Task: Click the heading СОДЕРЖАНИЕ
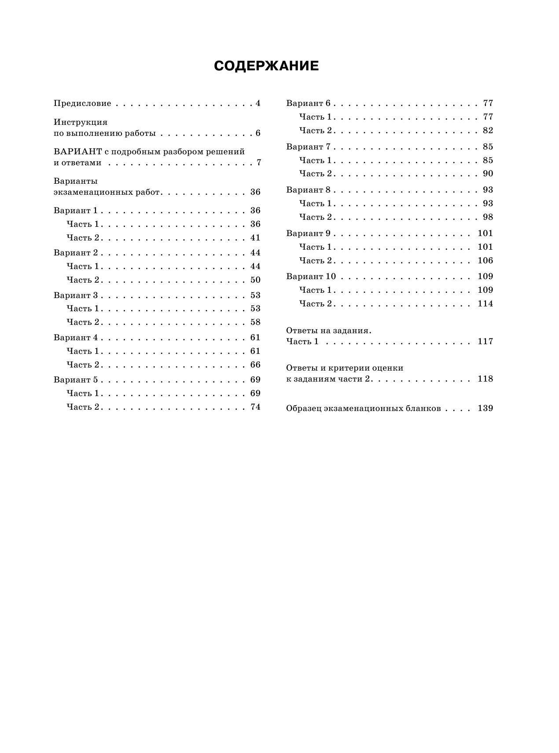coord(266,66)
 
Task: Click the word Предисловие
coord(82,104)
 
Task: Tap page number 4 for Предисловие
coord(258,104)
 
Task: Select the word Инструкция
coord(81,122)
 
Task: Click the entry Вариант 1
coord(75,211)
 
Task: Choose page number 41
coord(255,238)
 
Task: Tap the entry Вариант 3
coord(76,295)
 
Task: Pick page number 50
coord(255,280)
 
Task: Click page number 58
coord(255,322)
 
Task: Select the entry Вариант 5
coord(76,380)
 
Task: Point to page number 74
coord(255,407)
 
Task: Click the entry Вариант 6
coord(308,103)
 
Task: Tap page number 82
coord(488,131)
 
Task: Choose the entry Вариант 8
coord(308,190)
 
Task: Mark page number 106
coord(485,261)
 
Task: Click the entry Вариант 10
coord(311,276)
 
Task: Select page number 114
coord(485,304)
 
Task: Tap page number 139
coord(485,408)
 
